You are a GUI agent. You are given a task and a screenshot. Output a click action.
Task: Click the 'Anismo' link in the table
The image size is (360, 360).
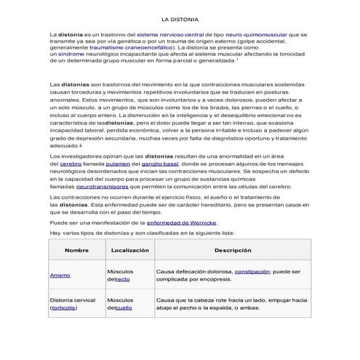(60, 276)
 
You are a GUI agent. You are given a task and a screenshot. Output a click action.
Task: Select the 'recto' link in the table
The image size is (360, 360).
(123, 279)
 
